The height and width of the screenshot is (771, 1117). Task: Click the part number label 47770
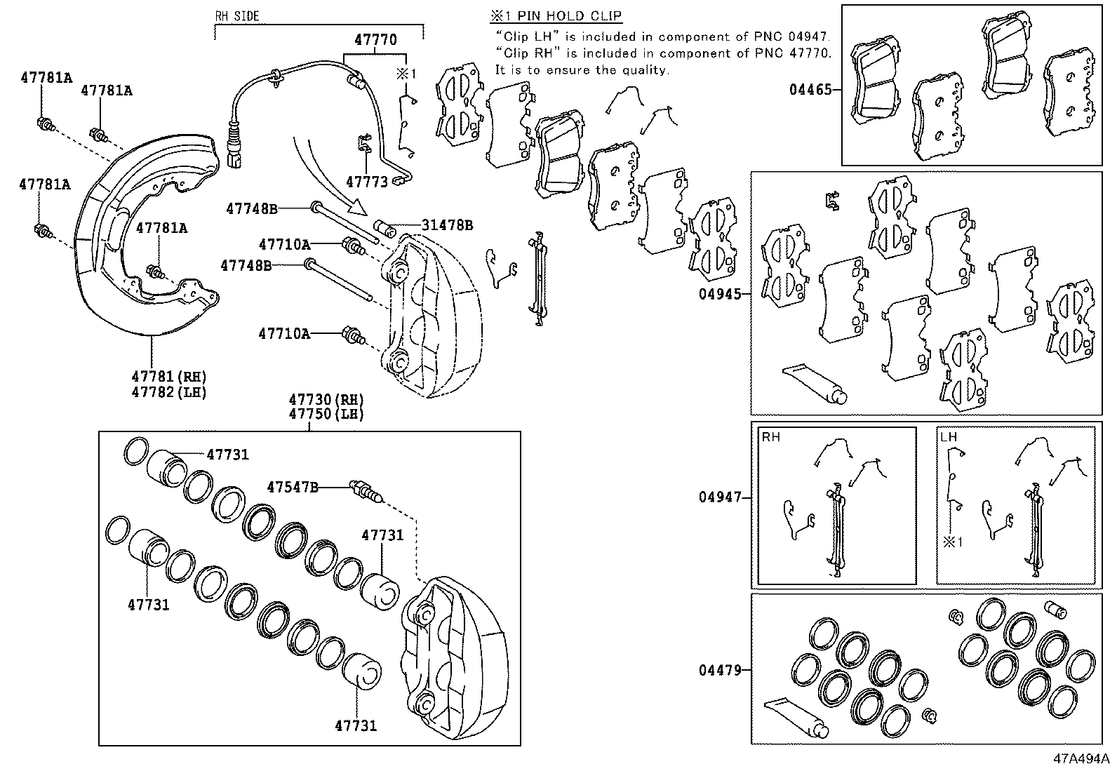click(x=375, y=40)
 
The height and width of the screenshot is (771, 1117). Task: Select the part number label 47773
click(x=366, y=182)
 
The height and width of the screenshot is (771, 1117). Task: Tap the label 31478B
click(x=447, y=225)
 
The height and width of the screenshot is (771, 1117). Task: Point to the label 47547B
click(x=293, y=486)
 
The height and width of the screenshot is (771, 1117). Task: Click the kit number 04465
click(x=810, y=90)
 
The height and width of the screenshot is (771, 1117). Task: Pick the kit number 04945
click(x=719, y=295)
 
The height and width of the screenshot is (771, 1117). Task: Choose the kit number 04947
click(x=719, y=497)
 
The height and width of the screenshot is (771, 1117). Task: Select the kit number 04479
click(x=719, y=670)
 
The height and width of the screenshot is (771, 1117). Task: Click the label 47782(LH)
click(x=169, y=392)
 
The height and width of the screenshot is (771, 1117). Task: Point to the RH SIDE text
click(x=236, y=16)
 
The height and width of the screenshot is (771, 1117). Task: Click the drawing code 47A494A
click(x=1081, y=759)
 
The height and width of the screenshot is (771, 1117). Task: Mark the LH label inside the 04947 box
click(x=948, y=437)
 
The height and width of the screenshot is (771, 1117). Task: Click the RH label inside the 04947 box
click(x=770, y=437)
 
